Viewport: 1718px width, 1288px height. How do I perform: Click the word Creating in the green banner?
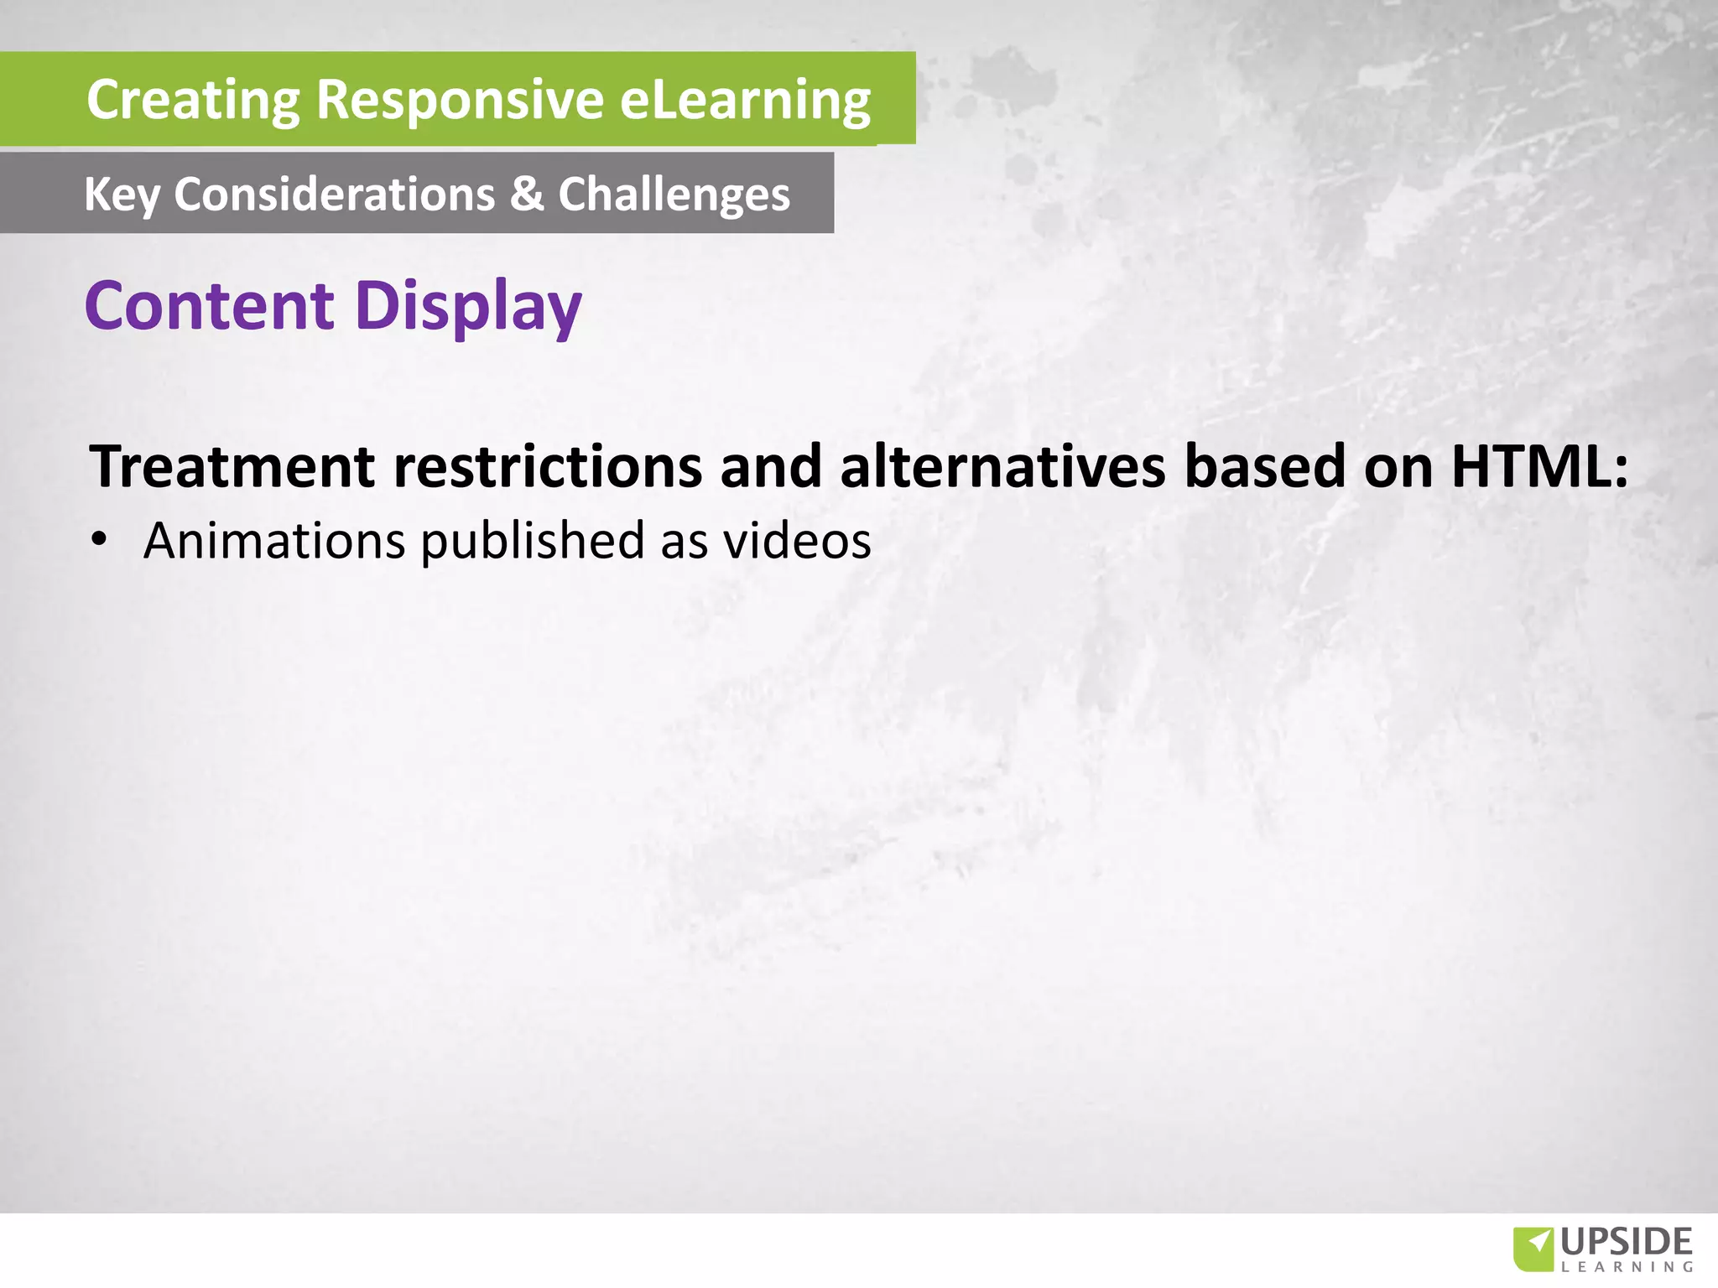point(193,100)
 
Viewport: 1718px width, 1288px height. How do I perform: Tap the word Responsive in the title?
point(460,100)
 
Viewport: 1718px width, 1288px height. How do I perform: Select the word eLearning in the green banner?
point(745,100)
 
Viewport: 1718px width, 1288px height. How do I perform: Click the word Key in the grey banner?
point(121,195)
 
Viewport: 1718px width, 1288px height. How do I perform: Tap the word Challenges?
point(674,195)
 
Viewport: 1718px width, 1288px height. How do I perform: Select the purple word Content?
point(210,305)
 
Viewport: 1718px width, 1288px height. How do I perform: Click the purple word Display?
point(468,307)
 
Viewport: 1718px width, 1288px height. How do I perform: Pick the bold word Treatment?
point(232,466)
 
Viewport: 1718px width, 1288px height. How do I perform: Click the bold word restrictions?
point(548,466)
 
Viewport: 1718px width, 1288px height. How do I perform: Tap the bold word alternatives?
point(1002,466)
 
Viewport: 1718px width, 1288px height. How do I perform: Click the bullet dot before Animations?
point(100,541)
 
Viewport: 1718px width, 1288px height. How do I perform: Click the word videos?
point(797,541)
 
